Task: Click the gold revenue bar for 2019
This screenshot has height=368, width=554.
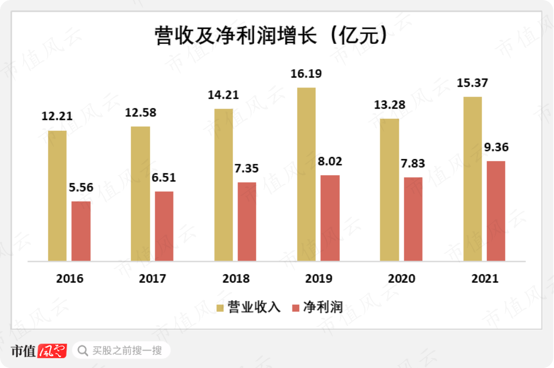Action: click(x=306, y=174)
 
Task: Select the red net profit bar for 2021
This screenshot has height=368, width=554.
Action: click(x=496, y=210)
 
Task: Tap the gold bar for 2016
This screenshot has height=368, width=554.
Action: click(x=57, y=195)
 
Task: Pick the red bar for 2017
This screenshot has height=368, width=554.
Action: click(x=164, y=226)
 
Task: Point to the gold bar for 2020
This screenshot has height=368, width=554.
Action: click(x=389, y=189)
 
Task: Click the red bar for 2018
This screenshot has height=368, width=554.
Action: click(x=247, y=221)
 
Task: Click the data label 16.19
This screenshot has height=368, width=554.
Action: click(x=306, y=74)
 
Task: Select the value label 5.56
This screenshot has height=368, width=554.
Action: click(x=81, y=188)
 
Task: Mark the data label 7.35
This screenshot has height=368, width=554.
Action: click(x=247, y=169)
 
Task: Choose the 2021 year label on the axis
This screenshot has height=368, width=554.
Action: click(x=485, y=278)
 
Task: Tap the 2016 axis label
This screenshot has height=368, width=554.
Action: click(x=70, y=278)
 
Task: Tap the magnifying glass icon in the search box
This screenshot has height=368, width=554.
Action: click(x=82, y=350)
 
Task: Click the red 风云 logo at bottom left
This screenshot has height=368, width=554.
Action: click(x=52, y=350)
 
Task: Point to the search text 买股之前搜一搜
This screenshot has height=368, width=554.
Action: click(x=127, y=350)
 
